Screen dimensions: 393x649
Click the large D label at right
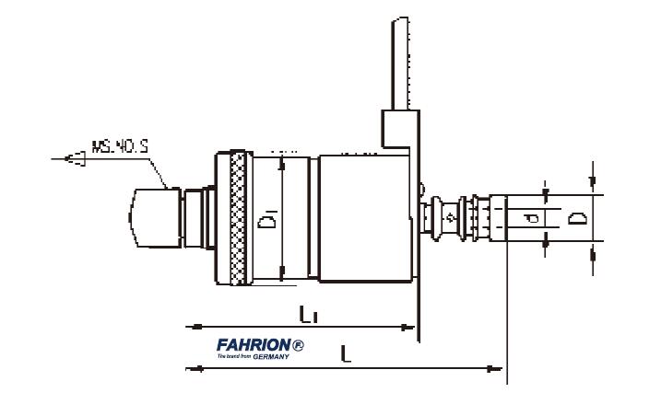click(x=575, y=219)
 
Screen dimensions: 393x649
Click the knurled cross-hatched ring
click(x=236, y=219)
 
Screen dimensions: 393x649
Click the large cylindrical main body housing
click(x=364, y=219)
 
